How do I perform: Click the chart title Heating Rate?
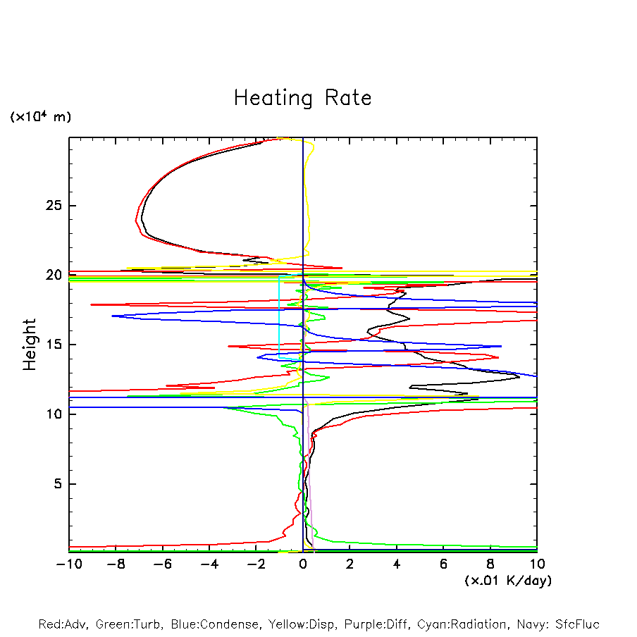[x=302, y=98]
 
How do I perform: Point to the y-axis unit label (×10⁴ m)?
[x=40, y=117]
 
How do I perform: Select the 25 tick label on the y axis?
[x=53, y=206]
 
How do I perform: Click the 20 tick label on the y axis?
[x=53, y=276]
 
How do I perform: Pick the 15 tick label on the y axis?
[x=53, y=345]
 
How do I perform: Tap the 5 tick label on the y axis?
[x=57, y=484]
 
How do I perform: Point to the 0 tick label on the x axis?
[x=303, y=564]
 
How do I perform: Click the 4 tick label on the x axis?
[x=397, y=564]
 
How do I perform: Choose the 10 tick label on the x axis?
[x=537, y=564]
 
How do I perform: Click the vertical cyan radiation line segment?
[x=279, y=321]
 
